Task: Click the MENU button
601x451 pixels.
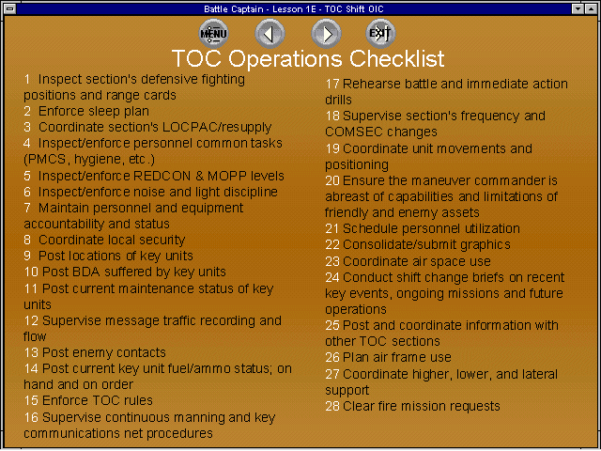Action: tap(213, 34)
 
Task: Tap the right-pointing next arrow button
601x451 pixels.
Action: tap(326, 34)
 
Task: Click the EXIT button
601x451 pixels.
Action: tap(379, 34)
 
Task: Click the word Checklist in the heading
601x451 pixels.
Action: tap(396, 58)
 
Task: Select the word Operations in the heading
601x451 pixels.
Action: tap(285, 59)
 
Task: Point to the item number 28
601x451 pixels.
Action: tap(332, 406)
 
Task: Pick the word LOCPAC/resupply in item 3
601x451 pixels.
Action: tap(217, 128)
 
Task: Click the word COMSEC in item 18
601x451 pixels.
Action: tap(352, 132)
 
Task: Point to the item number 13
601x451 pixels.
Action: tap(31, 352)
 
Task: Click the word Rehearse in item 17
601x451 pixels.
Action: tap(372, 84)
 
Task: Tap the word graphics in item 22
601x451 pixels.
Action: tap(485, 245)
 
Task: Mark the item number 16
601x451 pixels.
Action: tap(31, 417)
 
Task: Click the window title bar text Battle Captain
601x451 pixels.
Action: tap(234, 8)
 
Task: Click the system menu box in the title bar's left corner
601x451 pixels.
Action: tap(10, 8)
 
